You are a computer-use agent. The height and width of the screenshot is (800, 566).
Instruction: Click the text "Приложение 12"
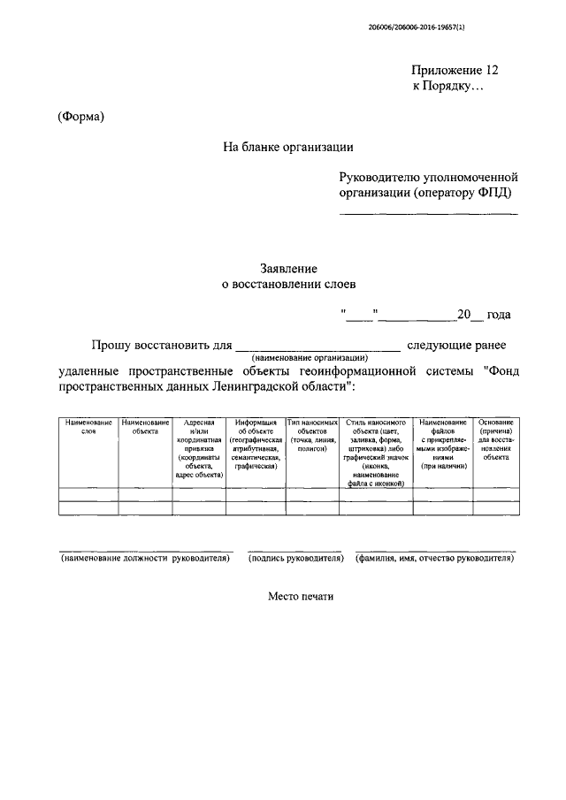(x=461, y=70)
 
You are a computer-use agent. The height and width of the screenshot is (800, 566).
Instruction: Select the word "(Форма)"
(x=81, y=118)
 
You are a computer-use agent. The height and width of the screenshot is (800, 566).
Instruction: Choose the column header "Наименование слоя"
(x=88, y=427)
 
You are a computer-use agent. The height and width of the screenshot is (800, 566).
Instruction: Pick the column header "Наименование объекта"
(x=145, y=427)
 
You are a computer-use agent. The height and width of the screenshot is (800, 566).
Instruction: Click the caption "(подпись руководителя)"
(x=295, y=559)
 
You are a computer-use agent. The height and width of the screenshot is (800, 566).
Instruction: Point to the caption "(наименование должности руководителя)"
(x=146, y=559)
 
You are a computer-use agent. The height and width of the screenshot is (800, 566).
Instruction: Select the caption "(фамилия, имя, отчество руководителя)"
(x=434, y=559)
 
